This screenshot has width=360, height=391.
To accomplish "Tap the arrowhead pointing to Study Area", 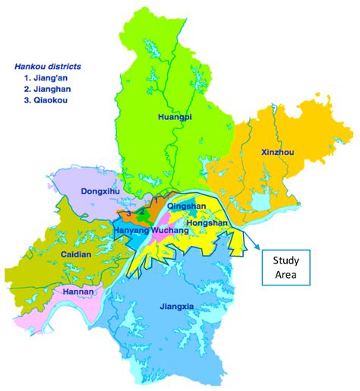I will pyautogui.click(x=257, y=247).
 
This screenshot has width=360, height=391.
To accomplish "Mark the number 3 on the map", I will pyautogui.click(x=130, y=215).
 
